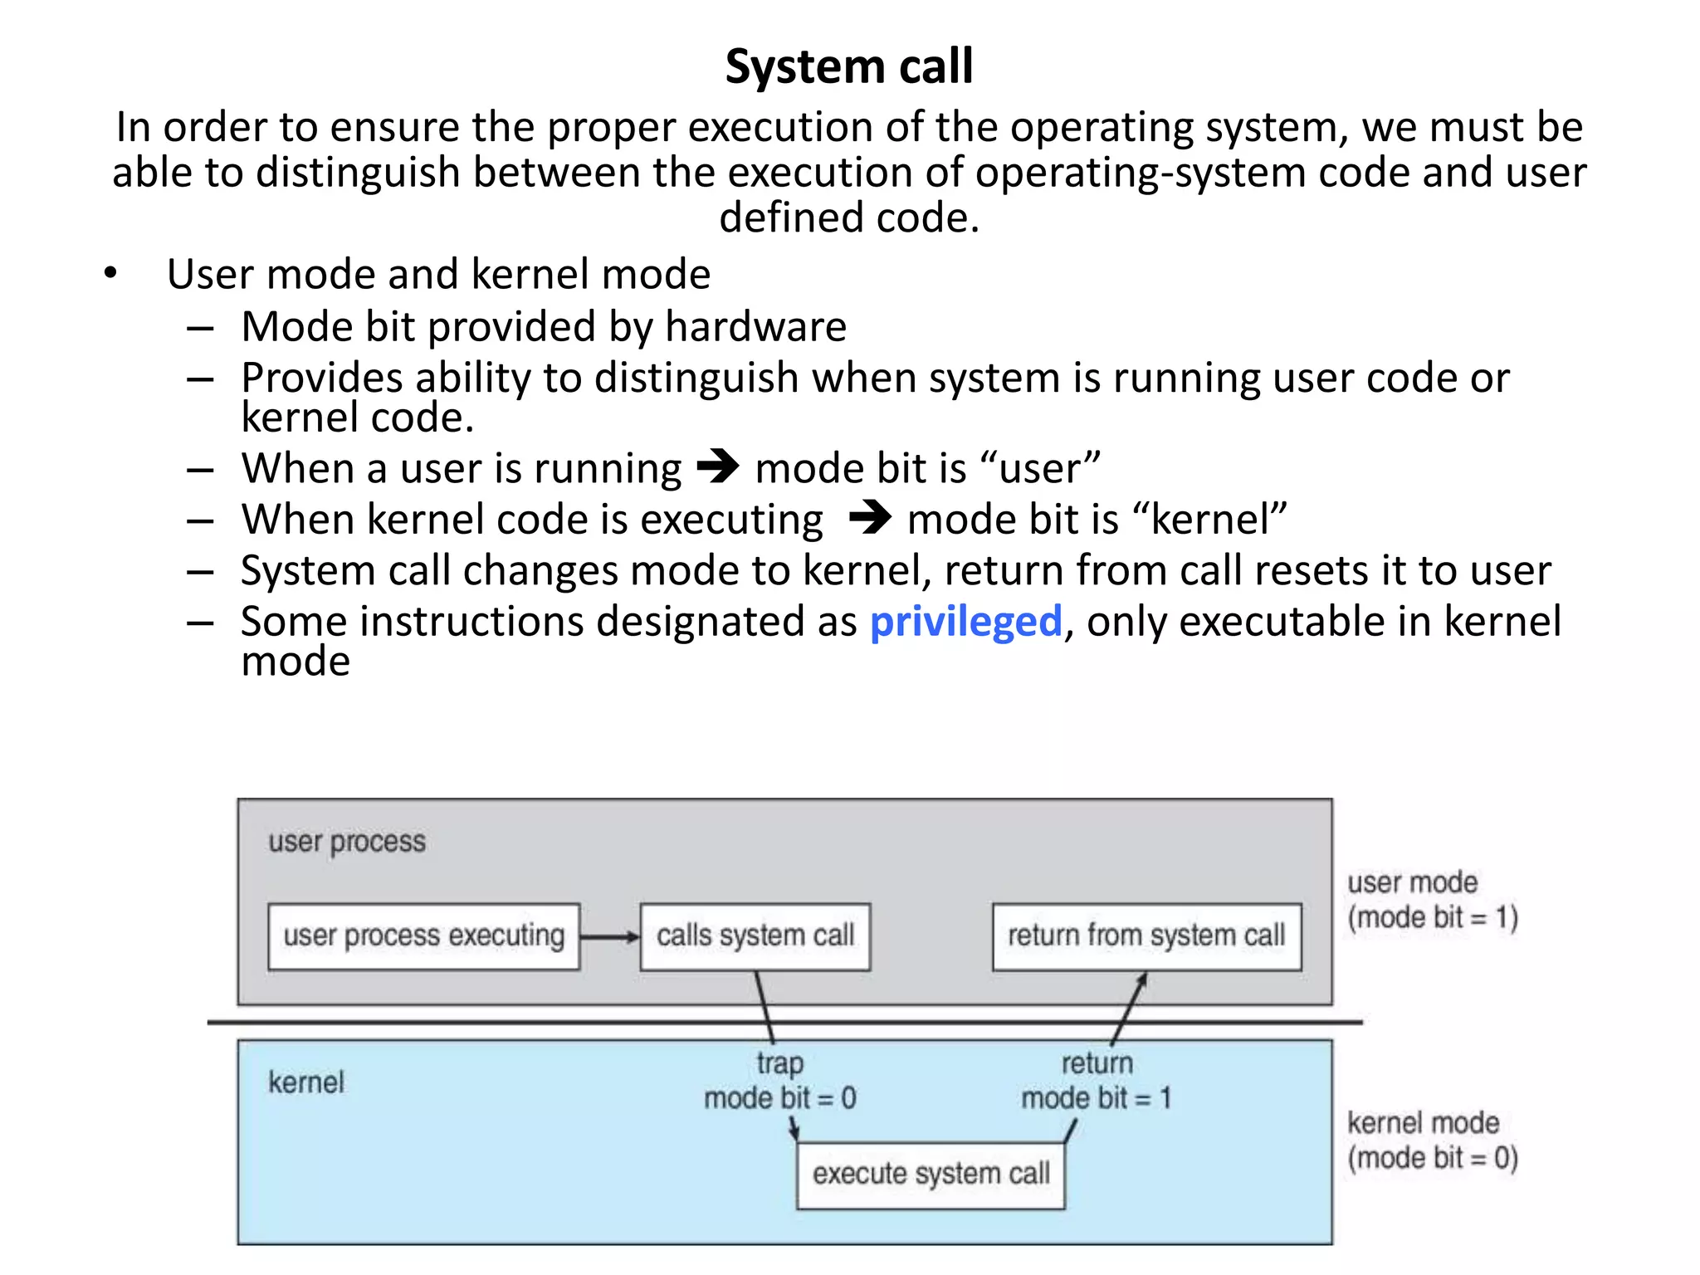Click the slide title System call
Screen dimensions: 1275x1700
tap(848, 66)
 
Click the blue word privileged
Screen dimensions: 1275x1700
tap(965, 622)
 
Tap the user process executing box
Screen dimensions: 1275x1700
tap(423, 936)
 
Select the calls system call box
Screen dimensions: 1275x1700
tap(755, 936)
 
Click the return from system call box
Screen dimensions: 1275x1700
tap(1146, 936)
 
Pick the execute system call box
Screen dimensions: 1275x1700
tap(931, 1174)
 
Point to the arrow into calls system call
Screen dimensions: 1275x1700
tap(610, 937)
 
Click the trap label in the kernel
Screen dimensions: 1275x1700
tap(779, 1063)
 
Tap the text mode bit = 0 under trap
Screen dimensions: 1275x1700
tap(779, 1098)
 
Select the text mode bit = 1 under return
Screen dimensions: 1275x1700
tap(1096, 1098)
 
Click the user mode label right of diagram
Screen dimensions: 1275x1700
tap(1412, 882)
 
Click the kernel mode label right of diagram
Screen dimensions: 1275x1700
tap(1423, 1123)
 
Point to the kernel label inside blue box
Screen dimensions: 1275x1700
tap(305, 1082)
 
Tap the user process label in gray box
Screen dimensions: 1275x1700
tap(346, 842)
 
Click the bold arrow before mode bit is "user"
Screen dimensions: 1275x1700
tap(717, 467)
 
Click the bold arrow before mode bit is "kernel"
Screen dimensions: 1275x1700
tap(869, 518)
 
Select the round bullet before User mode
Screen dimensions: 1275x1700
tap(110, 274)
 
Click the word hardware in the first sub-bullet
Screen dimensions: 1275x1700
tap(755, 326)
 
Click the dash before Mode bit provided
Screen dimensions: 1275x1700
tap(200, 329)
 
